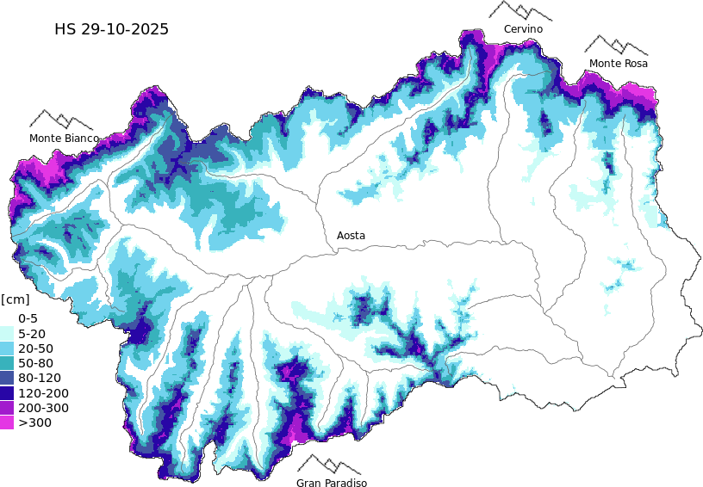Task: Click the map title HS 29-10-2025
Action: pyautogui.click(x=111, y=29)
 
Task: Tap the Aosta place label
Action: pyautogui.click(x=351, y=235)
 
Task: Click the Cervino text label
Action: pyautogui.click(x=523, y=29)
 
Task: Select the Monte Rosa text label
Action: pyautogui.click(x=618, y=63)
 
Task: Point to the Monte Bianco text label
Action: pyautogui.click(x=64, y=138)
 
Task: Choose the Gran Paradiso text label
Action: pyautogui.click(x=332, y=483)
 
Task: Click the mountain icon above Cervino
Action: pyautogui.click(x=520, y=11)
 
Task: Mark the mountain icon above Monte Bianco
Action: pyautogui.click(x=61, y=120)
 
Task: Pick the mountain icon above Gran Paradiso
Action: pyautogui.click(x=329, y=465)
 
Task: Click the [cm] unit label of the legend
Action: pyautogui.click(x=15, y=299)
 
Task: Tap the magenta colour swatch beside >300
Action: pyautogui.click(x=7, y=422)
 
